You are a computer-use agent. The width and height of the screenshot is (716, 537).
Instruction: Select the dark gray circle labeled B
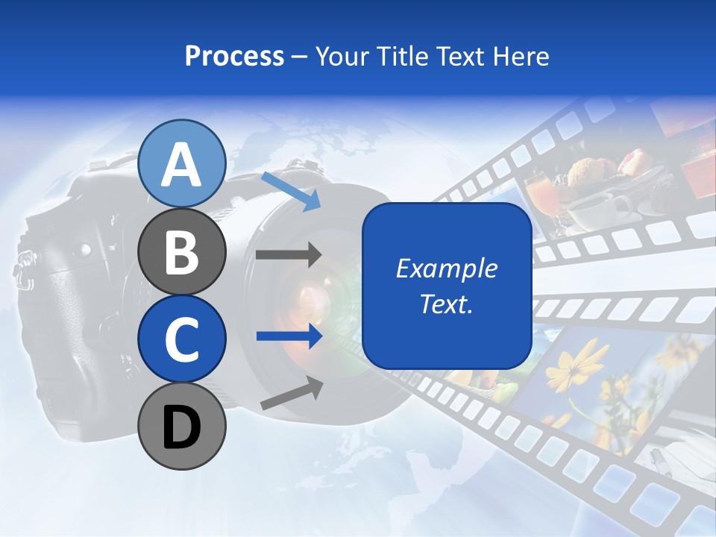(182, 251)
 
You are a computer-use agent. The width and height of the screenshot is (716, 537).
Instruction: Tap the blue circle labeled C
(182, 339)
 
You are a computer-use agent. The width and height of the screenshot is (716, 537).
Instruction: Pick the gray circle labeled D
(182, 427)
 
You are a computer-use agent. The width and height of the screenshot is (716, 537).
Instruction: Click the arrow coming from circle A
(291, 191)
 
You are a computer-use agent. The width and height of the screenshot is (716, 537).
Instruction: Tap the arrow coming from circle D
(292, 393)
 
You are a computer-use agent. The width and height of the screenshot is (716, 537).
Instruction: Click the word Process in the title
(234, 56)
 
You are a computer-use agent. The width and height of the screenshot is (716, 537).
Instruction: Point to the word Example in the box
(447, 268)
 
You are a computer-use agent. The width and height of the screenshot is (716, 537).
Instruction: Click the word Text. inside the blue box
(447, 304)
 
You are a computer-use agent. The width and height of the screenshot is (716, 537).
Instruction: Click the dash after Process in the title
(300, 57)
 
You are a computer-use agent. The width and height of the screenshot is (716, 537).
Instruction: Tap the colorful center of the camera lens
(313, 295)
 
